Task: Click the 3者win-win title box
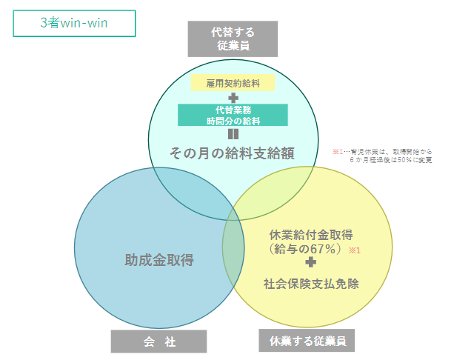(74, 23)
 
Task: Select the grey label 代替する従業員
(233, 39)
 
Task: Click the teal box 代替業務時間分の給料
(233, 115)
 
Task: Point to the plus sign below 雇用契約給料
(233, 98)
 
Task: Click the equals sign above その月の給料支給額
(233, 134)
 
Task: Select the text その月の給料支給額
(233, 153)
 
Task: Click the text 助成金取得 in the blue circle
(159, 260)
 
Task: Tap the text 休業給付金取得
(311, 236)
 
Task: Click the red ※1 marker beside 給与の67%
(354, 250)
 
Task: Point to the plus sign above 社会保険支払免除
(311, 264)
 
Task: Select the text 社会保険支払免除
(311, 282)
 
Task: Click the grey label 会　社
(159, 341)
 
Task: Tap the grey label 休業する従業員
(307, 341)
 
